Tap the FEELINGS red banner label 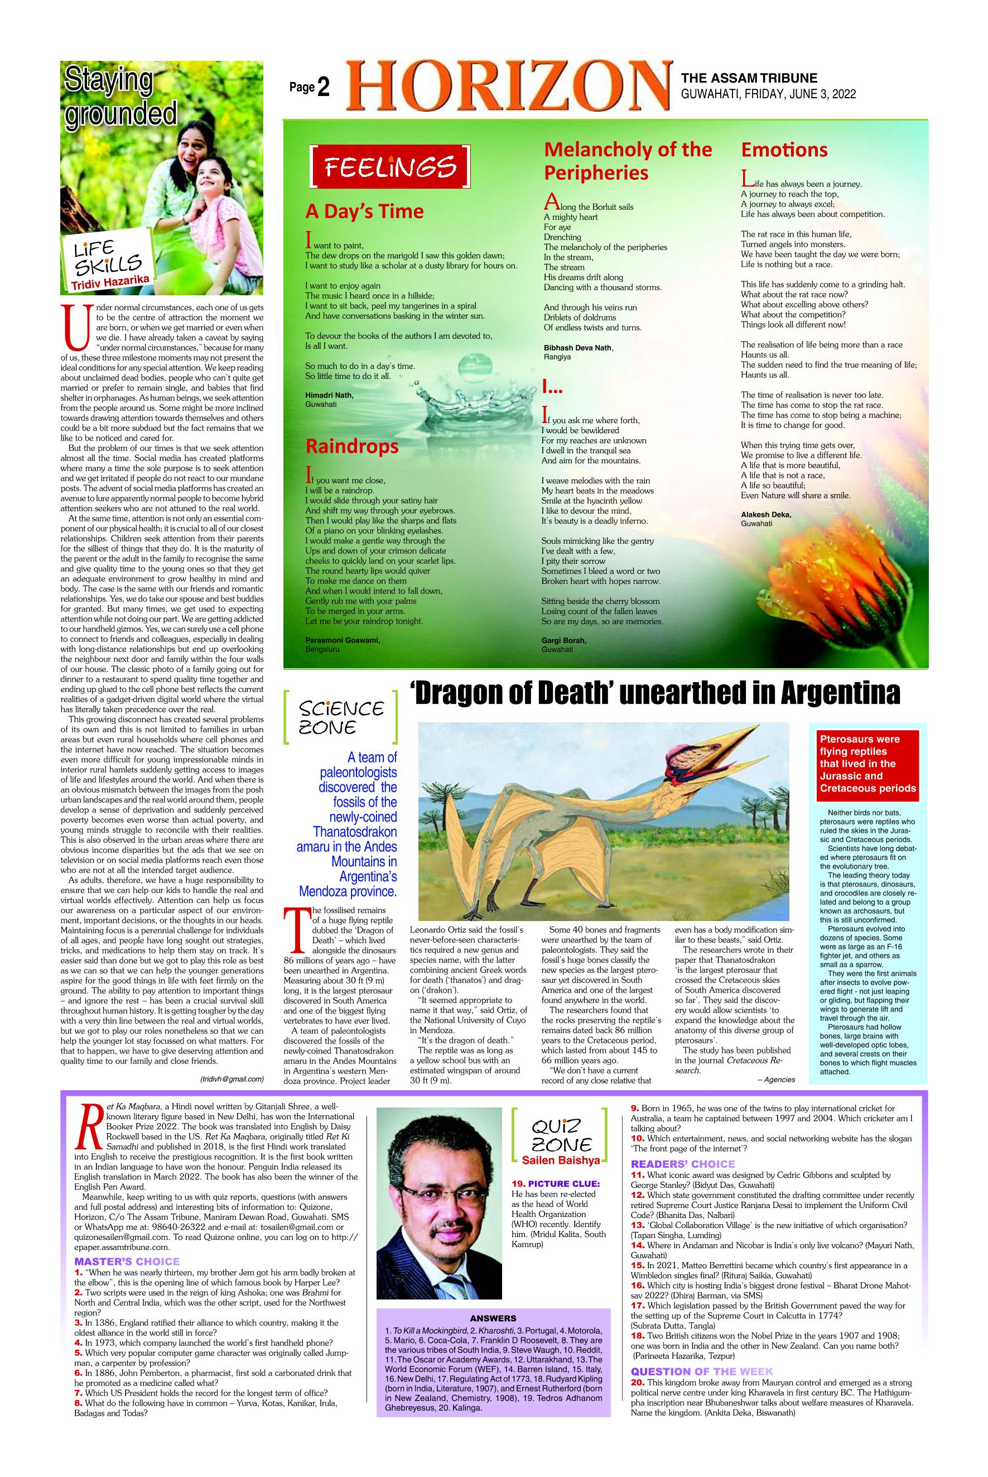click(390, 167)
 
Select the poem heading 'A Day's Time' click(364, 211)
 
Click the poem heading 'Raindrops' click(351, 447)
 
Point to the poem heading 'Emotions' click(784, 150)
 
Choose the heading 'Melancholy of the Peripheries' click(628, 161)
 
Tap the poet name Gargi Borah click(564, 640)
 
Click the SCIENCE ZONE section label click(341, 717)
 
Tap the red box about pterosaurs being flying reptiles click(867, 764)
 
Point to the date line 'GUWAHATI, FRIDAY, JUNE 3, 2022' click(768, 94)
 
